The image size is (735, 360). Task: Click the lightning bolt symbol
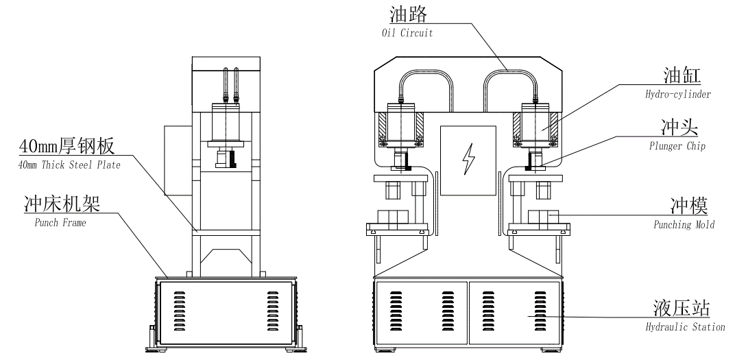[x=469, y=159]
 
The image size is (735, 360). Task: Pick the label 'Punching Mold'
[x=682, y=224]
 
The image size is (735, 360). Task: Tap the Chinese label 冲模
[x=689, y=206]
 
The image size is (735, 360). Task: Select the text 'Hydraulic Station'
[x=685, y=327]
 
